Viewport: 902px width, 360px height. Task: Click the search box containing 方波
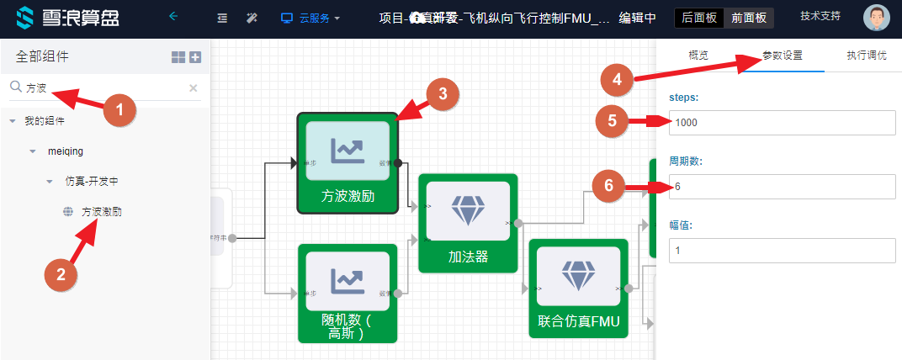point(101,87)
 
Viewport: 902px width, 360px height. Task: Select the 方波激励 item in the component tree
point(102,212)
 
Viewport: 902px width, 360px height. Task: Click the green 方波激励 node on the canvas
point(348,163)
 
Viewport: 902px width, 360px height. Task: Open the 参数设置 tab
point(782,56)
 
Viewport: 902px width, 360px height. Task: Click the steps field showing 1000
point(783,123)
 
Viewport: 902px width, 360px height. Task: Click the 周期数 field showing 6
point(783,187)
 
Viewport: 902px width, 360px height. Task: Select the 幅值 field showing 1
point(783,251)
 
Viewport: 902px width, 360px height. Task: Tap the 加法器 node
point(468,223)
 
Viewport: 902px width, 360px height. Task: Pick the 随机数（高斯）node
point(348,293)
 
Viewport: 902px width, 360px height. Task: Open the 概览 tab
point(698,56)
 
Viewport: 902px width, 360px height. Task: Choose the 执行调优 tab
point(866,56)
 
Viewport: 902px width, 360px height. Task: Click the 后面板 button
point(698,18)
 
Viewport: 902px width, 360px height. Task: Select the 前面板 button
point(748,18)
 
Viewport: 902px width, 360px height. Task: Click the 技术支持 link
point(820,16)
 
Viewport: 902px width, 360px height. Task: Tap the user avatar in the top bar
point(877,18)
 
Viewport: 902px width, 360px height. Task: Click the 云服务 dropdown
point(310,18)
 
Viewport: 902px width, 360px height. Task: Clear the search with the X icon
point(193,87)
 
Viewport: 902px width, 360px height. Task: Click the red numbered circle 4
point(617,81)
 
